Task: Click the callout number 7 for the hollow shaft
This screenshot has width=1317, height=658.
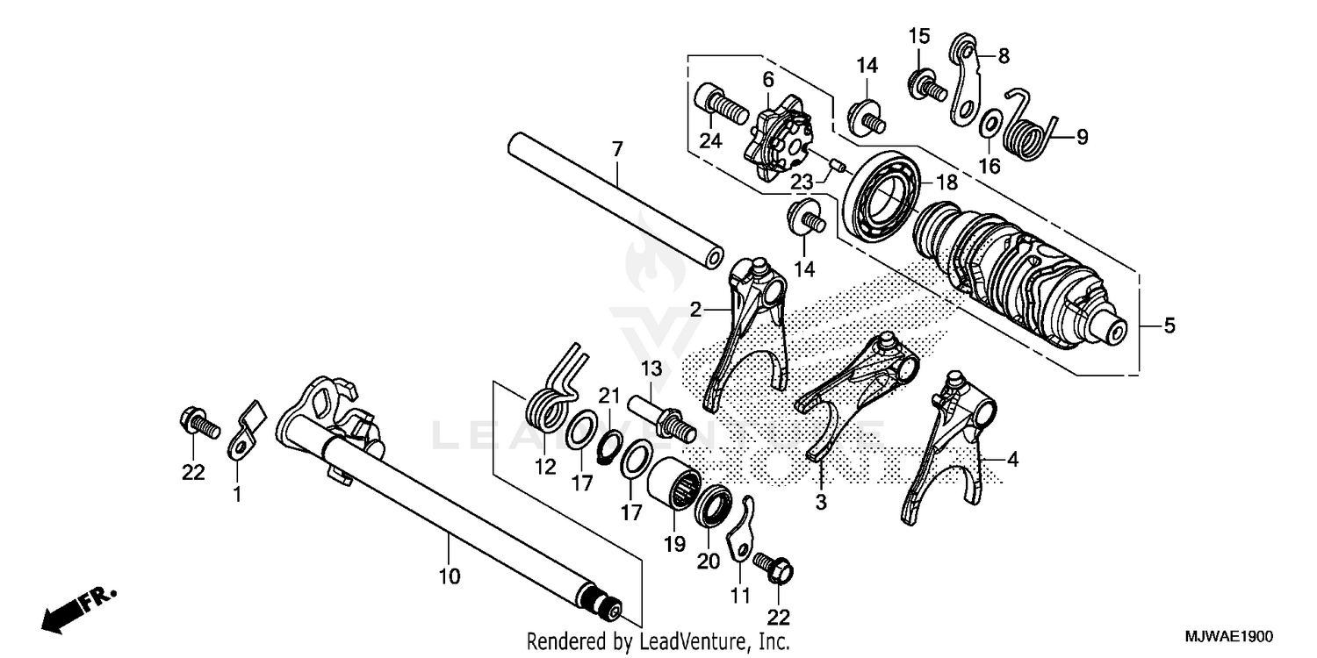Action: pyautogui.click(x=617, y=150)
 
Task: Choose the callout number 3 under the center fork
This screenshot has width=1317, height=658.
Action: pyautogui.click(x=821, y=503)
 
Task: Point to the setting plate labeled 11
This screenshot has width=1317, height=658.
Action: pyautogui.click(x=740, y=535)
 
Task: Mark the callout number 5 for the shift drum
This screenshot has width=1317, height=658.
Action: pyautogui.click(x=1169, y=326)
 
